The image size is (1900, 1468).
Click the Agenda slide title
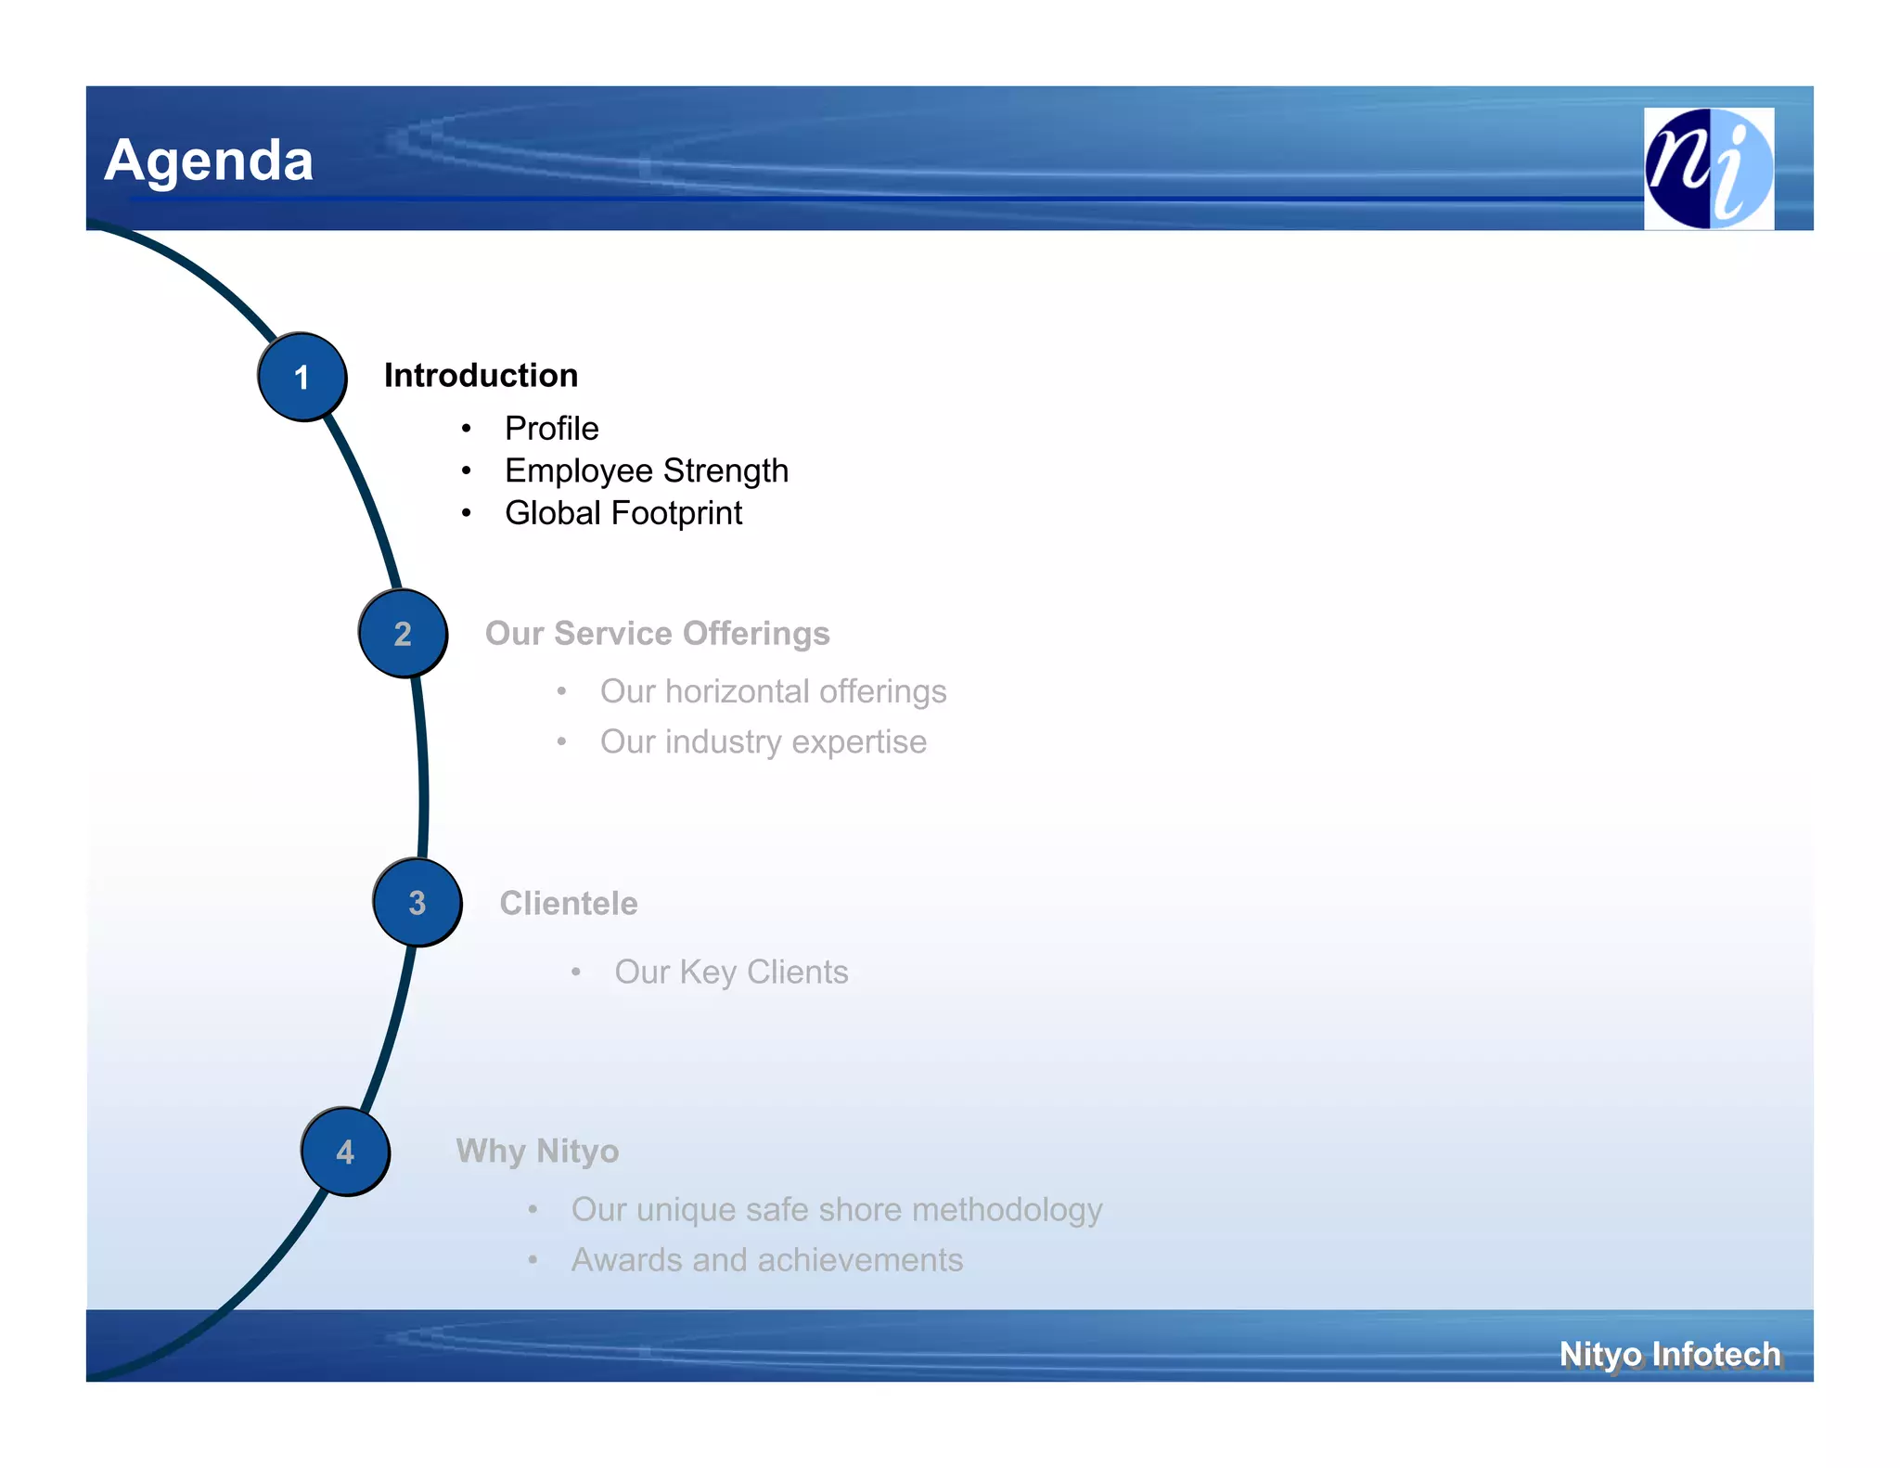[x=209, y=161]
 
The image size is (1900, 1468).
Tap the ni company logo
[x=1708, y=168]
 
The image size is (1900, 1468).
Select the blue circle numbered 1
[x=302, y=377]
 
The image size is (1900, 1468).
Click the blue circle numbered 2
[x=403, y=634]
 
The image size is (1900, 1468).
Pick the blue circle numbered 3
[x=417, y=903]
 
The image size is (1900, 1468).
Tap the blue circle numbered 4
[x=345, y=1152]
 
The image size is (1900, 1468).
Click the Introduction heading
[x=481, y=376]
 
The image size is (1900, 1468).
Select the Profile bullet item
[x=551, y=429]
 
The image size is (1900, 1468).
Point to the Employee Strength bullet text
[x=646, y=471]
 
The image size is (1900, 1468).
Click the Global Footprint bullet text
[x=623, y=513]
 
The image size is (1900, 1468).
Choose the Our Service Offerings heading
[x=657, y=634]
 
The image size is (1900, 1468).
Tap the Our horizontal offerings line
[x=773, y=692]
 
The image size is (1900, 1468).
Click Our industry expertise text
[x=763, y=742]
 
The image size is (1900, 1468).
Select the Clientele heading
[x=568, y=904]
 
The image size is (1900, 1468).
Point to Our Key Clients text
[x=731, y=972]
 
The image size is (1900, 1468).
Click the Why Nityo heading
[x=537, y=1152]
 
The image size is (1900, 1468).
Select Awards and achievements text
[x=766, y=1260]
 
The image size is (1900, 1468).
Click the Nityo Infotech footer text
[x=1669, y=1355]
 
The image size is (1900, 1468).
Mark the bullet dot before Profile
[x=467, y=429]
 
